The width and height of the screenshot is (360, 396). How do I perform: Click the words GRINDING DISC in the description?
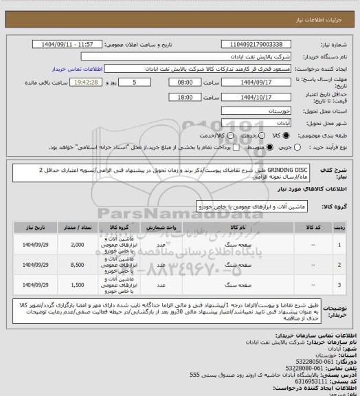pyautogui.click(x=289, y=168)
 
